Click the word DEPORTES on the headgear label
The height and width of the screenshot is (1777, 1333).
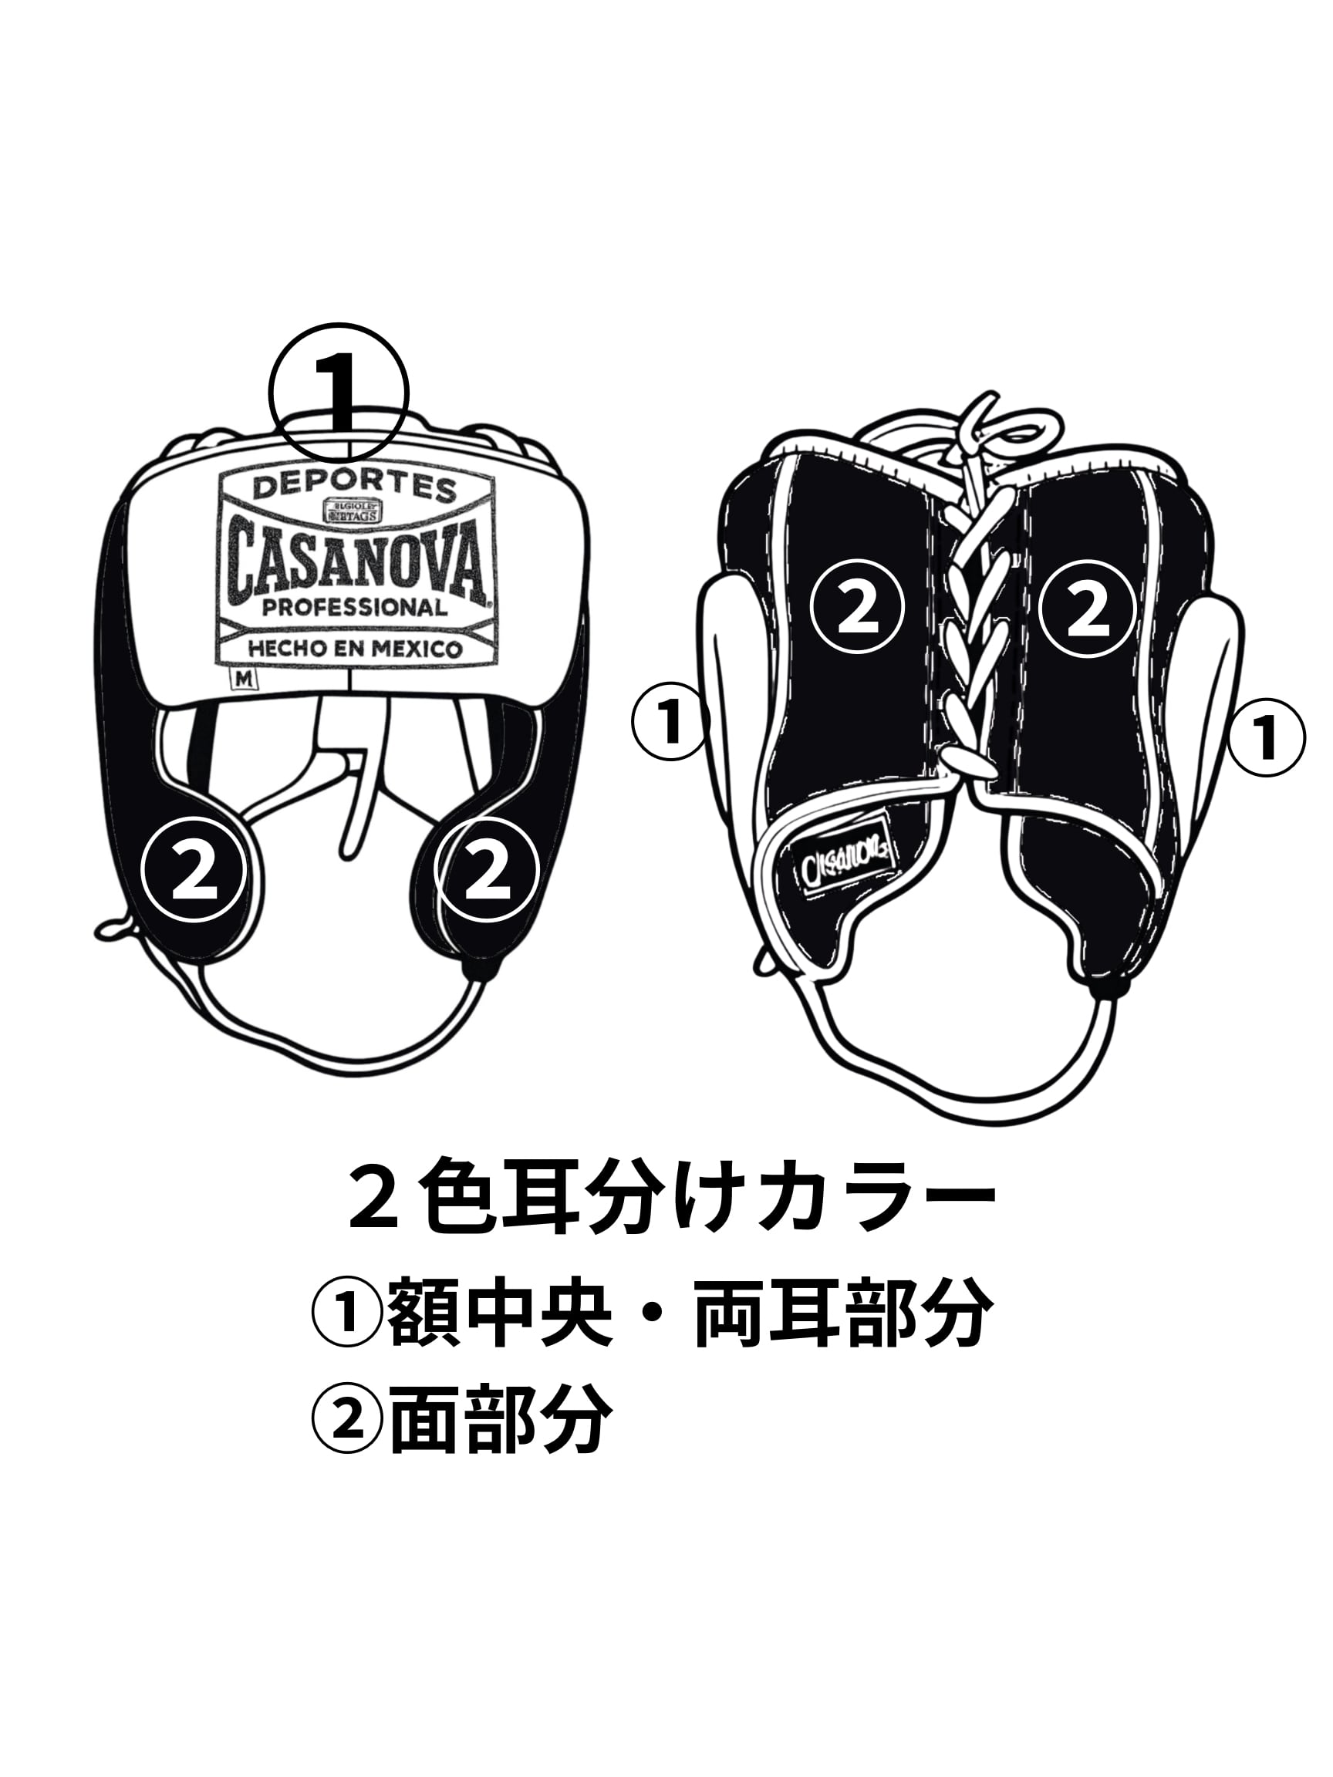pyautogui.click(x=354, y=487)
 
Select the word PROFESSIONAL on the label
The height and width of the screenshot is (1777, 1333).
pyautogui.click(x=354, y=607)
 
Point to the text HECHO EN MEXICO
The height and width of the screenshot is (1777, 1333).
pyautogui.click(x=355, y=649)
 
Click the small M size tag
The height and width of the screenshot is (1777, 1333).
pyautogui.click(x=243, y=678)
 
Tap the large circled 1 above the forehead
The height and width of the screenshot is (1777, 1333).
pyautogui.click(x=339, y=393)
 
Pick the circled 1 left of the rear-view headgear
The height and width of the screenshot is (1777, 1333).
pyautogui.click(x=670, y=720)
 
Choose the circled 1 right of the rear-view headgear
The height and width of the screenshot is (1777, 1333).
pyautogui.click(x=1266, y=737)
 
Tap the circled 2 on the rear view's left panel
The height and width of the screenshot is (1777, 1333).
pyautogui.click(x=857, y=608)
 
